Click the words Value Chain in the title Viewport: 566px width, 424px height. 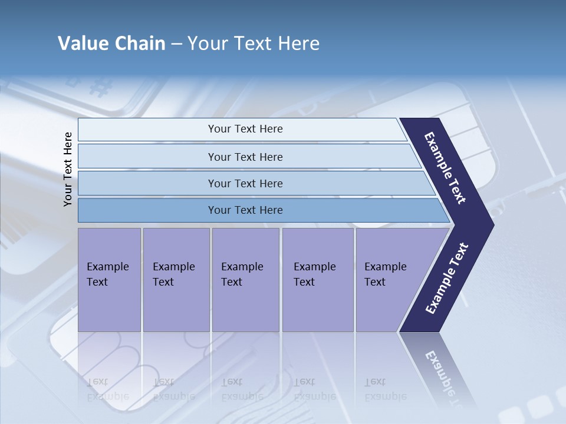(x=111, y=44)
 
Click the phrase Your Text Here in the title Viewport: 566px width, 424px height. (x=254, y=44)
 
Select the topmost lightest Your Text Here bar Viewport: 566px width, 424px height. (x=147, y=130)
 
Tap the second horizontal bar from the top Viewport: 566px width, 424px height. (x=147, y=157)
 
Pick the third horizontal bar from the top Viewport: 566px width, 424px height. (x=147, y=183)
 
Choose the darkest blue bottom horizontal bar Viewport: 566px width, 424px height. (x=147, y=210)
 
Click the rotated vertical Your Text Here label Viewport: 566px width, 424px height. (x=68, y=169)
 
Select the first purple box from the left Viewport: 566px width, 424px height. (x=109, y=280)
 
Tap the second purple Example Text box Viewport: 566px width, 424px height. (x=176, y=280)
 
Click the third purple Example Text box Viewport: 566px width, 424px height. (x=245, y=280)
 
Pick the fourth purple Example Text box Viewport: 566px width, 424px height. (x=318, y=280)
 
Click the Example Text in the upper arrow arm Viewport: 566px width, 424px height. (x=445, y=168)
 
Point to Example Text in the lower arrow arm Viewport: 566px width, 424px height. (x=446, y=279)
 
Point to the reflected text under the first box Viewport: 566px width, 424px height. (x=107, y=389)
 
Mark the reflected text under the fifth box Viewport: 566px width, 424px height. (x=385, y=389)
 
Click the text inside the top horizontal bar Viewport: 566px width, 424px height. (x=245, y=129)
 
